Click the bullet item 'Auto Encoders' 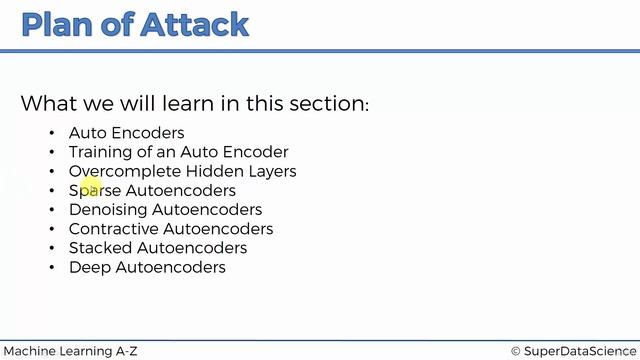pos(126,133)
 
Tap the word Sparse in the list pos(95,190)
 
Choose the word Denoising pos(108,210)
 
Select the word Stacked pos(100,248)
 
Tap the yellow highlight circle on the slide pos(90,186)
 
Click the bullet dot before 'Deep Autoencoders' pos(52,268)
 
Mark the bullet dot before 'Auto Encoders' pos(52,133)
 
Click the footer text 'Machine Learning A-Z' pos(69,351)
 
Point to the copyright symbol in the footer pos(516,351)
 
